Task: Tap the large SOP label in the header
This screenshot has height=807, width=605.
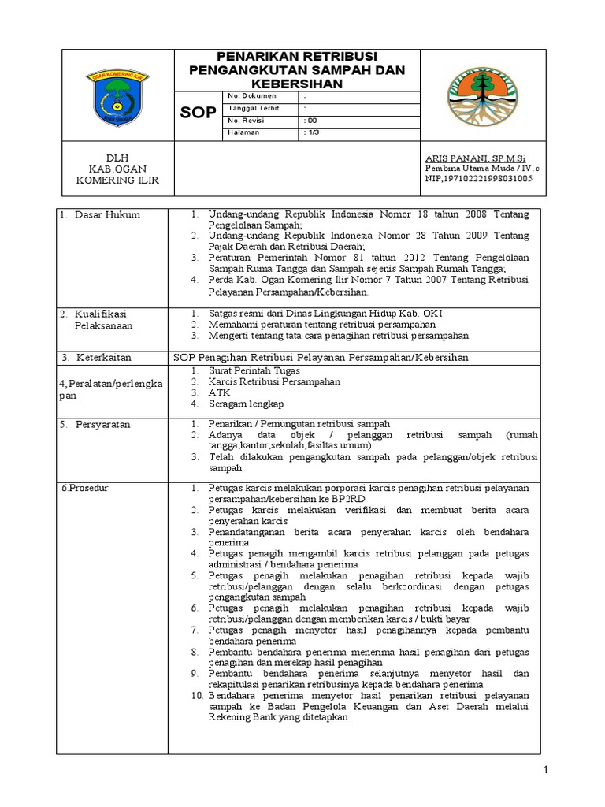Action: pos(198,113)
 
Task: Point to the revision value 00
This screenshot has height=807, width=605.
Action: pos(310,120)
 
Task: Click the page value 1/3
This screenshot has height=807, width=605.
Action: pos(311,132)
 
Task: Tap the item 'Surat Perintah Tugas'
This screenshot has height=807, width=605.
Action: pos(254,370)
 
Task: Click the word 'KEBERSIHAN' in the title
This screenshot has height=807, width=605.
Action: pos(297,84)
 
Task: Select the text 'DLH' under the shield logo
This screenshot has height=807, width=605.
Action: pos(116,158)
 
